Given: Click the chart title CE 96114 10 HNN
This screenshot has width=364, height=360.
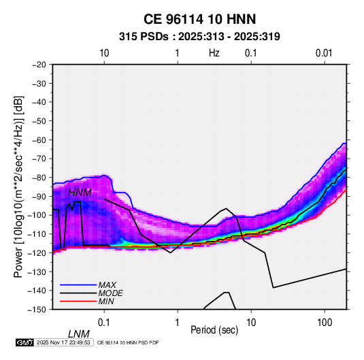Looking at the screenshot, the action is click(199, 19).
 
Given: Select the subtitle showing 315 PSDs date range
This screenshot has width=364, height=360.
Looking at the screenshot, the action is click(199, 37).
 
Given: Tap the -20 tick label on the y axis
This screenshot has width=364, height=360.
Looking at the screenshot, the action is click(39, 65).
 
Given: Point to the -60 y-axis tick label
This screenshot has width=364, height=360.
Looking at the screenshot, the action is click(39, 140).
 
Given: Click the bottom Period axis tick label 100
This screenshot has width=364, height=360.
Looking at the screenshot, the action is click(325, 323).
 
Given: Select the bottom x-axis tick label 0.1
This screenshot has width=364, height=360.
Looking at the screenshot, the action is click(104, 323).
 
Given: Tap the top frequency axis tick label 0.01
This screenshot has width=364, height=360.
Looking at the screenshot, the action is click(324, 53).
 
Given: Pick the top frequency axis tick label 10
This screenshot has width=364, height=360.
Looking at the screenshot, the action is click(104, 53).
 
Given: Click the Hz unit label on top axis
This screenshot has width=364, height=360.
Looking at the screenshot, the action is click(214, 53).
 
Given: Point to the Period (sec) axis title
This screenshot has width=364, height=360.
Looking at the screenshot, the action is click(214, 330).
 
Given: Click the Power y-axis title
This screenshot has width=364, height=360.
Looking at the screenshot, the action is click(18, 187).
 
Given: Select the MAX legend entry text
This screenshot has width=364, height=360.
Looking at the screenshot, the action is click(107, 285).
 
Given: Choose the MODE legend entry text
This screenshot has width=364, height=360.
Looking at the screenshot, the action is click(110, 293).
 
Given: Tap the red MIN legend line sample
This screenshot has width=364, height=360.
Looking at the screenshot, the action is click(78, 301).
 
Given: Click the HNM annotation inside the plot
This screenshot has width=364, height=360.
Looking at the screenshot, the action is click(80, 193).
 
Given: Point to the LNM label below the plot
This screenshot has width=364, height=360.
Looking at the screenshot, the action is click(79, 334).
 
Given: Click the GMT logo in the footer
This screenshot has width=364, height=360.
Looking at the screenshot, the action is click(24, 342).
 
